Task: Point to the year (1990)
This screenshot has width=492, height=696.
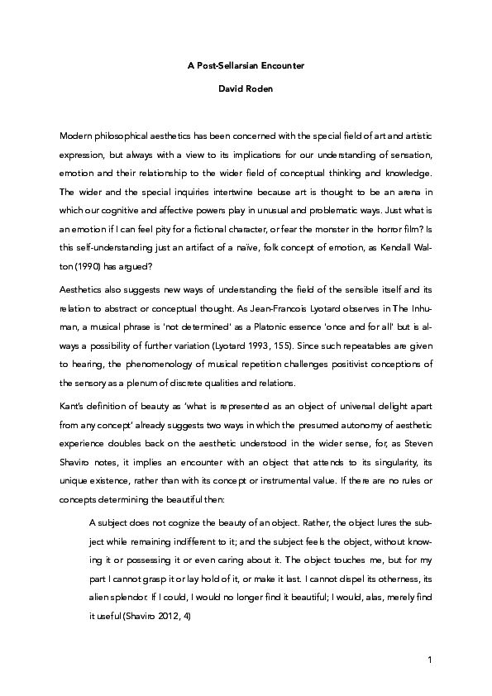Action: [x=86, y=245]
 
